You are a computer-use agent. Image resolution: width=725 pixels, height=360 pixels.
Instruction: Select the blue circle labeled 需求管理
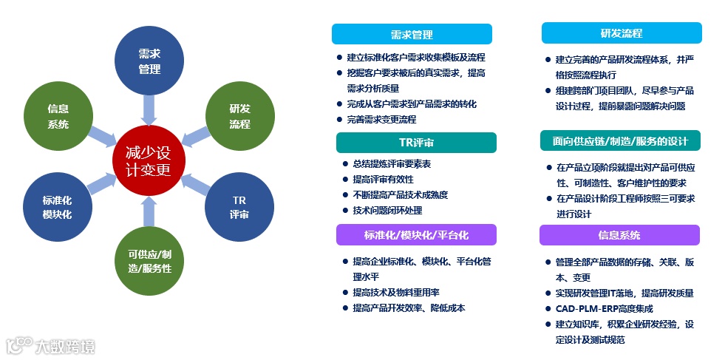tap(149, 61)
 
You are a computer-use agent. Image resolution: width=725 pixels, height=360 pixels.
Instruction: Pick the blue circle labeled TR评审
tap(239, 208)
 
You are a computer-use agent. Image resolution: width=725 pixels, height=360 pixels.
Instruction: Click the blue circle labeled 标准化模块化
tap(58, 208)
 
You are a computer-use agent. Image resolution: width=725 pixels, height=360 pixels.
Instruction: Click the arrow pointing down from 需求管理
tap(149, 109)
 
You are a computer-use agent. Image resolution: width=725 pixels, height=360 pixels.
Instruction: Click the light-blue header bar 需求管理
tap(412, 35)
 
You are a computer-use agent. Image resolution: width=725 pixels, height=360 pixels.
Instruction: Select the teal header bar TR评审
tap(416, 143)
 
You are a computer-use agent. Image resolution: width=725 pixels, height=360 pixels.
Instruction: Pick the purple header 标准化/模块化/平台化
tap(416, 235)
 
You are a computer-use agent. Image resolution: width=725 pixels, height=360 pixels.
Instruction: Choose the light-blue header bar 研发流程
tap(622, 33)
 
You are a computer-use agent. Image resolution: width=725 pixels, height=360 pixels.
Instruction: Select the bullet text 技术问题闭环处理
tap(387, 211)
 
